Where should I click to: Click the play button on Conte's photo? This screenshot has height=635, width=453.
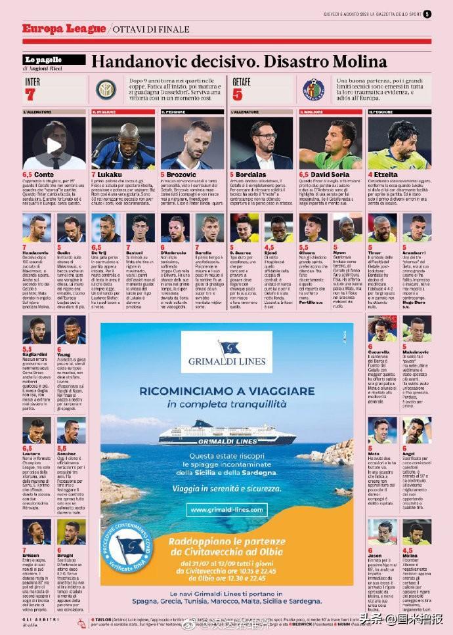click(x=54, y=145)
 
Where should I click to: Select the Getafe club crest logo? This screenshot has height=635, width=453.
click(x=313, y=89)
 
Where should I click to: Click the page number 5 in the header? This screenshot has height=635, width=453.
click(x=427, y=14)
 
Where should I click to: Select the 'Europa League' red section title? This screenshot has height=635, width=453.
click(x=64, y=29)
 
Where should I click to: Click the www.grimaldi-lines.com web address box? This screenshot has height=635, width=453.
click(x=226, y=509)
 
